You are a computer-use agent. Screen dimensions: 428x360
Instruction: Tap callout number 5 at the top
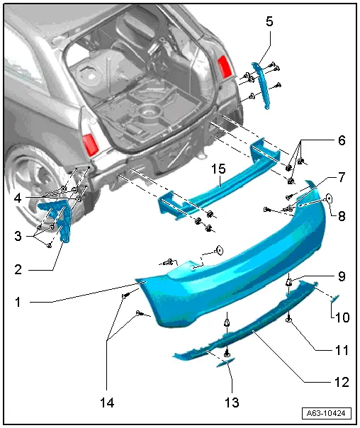point(269,22)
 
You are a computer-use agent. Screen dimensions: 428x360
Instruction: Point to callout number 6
point(341,141)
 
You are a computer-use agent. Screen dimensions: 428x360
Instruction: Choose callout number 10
point(341,318)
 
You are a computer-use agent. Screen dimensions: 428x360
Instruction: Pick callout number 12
point(341,383)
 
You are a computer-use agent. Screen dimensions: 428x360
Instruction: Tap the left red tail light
point(91,144)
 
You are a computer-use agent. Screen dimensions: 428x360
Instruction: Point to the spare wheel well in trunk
point(150,111)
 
